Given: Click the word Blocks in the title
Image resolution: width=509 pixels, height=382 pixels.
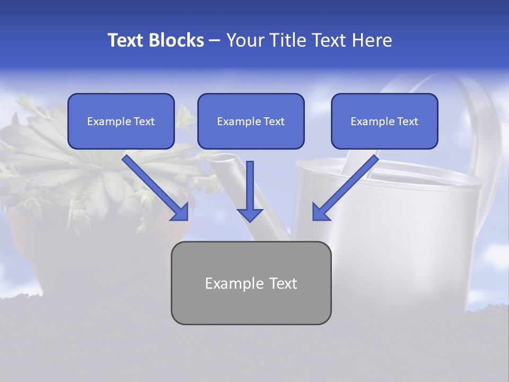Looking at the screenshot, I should coord(177,40).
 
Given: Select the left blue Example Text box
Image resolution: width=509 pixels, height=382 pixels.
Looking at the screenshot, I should coord(121,121).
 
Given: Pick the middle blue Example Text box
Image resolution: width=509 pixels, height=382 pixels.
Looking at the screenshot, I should coord(251,121).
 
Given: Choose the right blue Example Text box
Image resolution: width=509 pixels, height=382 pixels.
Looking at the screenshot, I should coord(384,121).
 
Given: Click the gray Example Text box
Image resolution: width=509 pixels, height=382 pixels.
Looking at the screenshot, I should coord(251,283).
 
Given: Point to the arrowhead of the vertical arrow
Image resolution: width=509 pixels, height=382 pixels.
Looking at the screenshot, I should coord(250,214).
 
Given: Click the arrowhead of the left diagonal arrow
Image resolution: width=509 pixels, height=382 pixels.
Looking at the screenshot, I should coord(180,212).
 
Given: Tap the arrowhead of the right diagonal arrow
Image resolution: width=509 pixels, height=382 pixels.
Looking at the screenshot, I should coord(320,212).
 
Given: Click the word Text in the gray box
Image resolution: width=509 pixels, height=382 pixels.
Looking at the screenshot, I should coord(283,283).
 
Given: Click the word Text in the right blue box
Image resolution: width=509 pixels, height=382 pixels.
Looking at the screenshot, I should coord(408,121).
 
